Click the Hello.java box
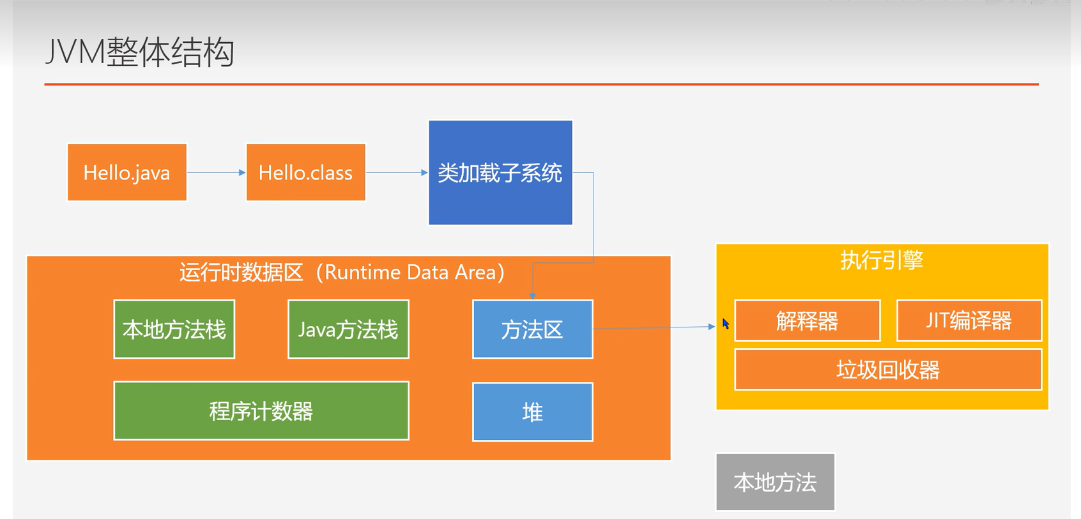(127, 172)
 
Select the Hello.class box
(305, 172)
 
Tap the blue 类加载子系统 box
(500, 172)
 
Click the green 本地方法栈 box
(174, 329)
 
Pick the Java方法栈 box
(348, 329)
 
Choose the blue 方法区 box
(532, 329)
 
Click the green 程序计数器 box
(261, 411)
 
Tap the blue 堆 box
(532, 412)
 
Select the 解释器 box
(807, 320)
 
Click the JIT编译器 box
(969, 320)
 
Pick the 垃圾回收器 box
(887, 370)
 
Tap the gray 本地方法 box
(775, 482)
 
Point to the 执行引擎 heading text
(882, 260)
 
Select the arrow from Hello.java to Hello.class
(216, 172)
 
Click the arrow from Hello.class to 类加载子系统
(396, 172)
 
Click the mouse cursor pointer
(725, 324)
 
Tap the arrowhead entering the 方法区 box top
(532, 296)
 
